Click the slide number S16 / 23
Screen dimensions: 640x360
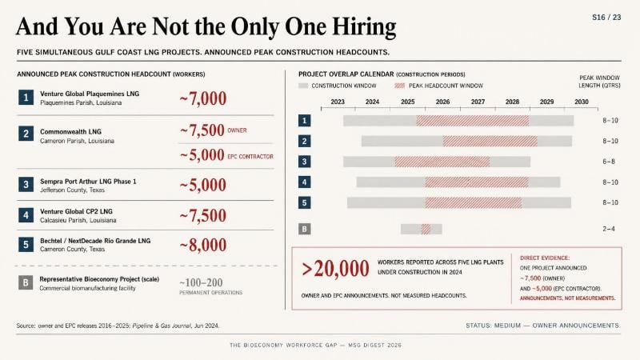pyautogui.click(x=606, y=18)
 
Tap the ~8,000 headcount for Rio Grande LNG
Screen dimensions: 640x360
pyautogui.click(x=203, y=245)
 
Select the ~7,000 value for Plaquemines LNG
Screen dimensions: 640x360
pyautogui.click(x=203, y=98)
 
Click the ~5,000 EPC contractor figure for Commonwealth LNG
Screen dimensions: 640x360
pyautogui.click(x=202, y=155)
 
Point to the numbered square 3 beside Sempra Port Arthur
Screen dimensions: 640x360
pyautogui.click(x=26, y=185)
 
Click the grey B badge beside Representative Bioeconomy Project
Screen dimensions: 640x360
pyautogui.click(x=26, y=282)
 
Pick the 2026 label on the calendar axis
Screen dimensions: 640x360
pyautogui.click(x=442, y=102)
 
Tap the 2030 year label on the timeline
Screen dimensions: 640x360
pyautogui.click(x=582, y=102)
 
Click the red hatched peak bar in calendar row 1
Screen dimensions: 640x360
pyautogui.click(x=473, y=121)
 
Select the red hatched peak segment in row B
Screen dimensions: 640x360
pyautogui.click(x=426, y=229)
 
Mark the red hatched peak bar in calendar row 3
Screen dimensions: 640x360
pyautogui.click(x=442, y=162)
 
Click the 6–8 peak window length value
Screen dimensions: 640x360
pyautogui.click(x=609, y=162)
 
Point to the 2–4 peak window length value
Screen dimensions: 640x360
pyautogui.click(x=609, y=229)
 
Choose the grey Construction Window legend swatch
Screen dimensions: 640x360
pyautogui.click(x=303, y=86)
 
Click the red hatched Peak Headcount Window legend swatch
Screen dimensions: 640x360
pyautogui.click(x=399, y=86)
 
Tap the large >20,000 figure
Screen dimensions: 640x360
pyautogui.click(x=335, y=269)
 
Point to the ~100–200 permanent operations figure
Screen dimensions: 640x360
pyautogui.click(x=201, y=282)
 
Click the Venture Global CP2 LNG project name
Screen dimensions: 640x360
pyautogui.click(x=76, y=211)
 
